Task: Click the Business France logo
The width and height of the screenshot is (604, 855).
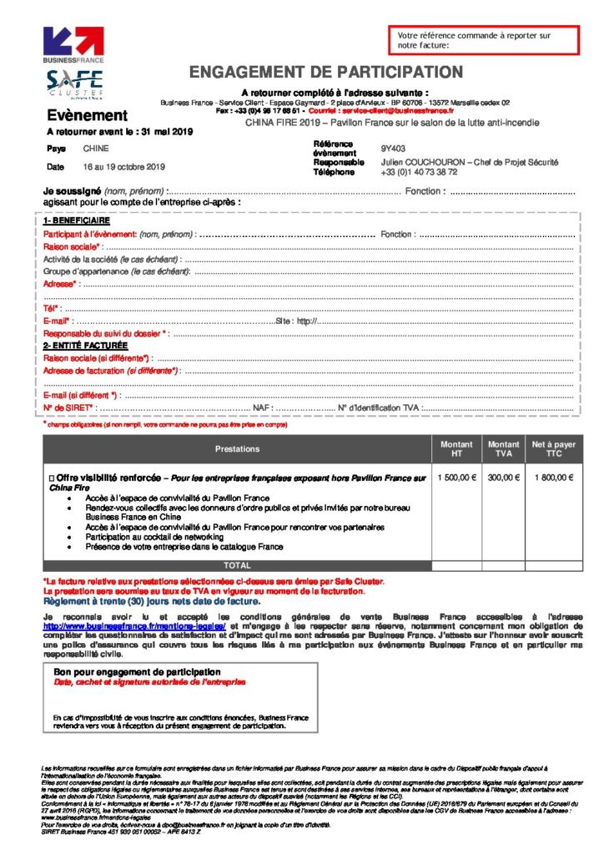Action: pyautogui.click(x=73, y=45)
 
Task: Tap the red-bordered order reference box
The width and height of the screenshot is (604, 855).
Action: pyautogui.click(x=482, y=40)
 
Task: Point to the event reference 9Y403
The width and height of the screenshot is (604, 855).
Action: pyautogui.click(x=393, y=148)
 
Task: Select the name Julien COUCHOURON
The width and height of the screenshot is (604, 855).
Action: pyautogui.click(x=418, y=162)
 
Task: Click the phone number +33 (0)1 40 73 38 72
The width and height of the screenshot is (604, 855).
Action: pyautogui.click(x=419, y=172)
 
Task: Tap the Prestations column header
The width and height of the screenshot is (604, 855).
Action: pyautogui.click(x=237, y=449)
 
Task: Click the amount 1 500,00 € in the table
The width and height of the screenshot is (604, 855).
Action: pyautogui.click(x=456, y=478)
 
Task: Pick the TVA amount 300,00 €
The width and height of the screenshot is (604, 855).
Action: pyautogui.click(x=503, y=478)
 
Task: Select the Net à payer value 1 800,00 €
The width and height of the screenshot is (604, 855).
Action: pyautogui.click(x=553, y=478)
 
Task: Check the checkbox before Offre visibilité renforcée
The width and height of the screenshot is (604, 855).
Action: pyautogui.click(x=52, y=478)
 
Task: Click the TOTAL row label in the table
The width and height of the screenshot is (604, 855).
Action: pyautogui.click(x=237, y=565)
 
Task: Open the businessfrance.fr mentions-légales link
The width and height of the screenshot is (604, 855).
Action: pyautogui.click(x=135, y=625)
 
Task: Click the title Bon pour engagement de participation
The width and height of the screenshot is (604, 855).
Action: pyautogui.click(x=137, y=671)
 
